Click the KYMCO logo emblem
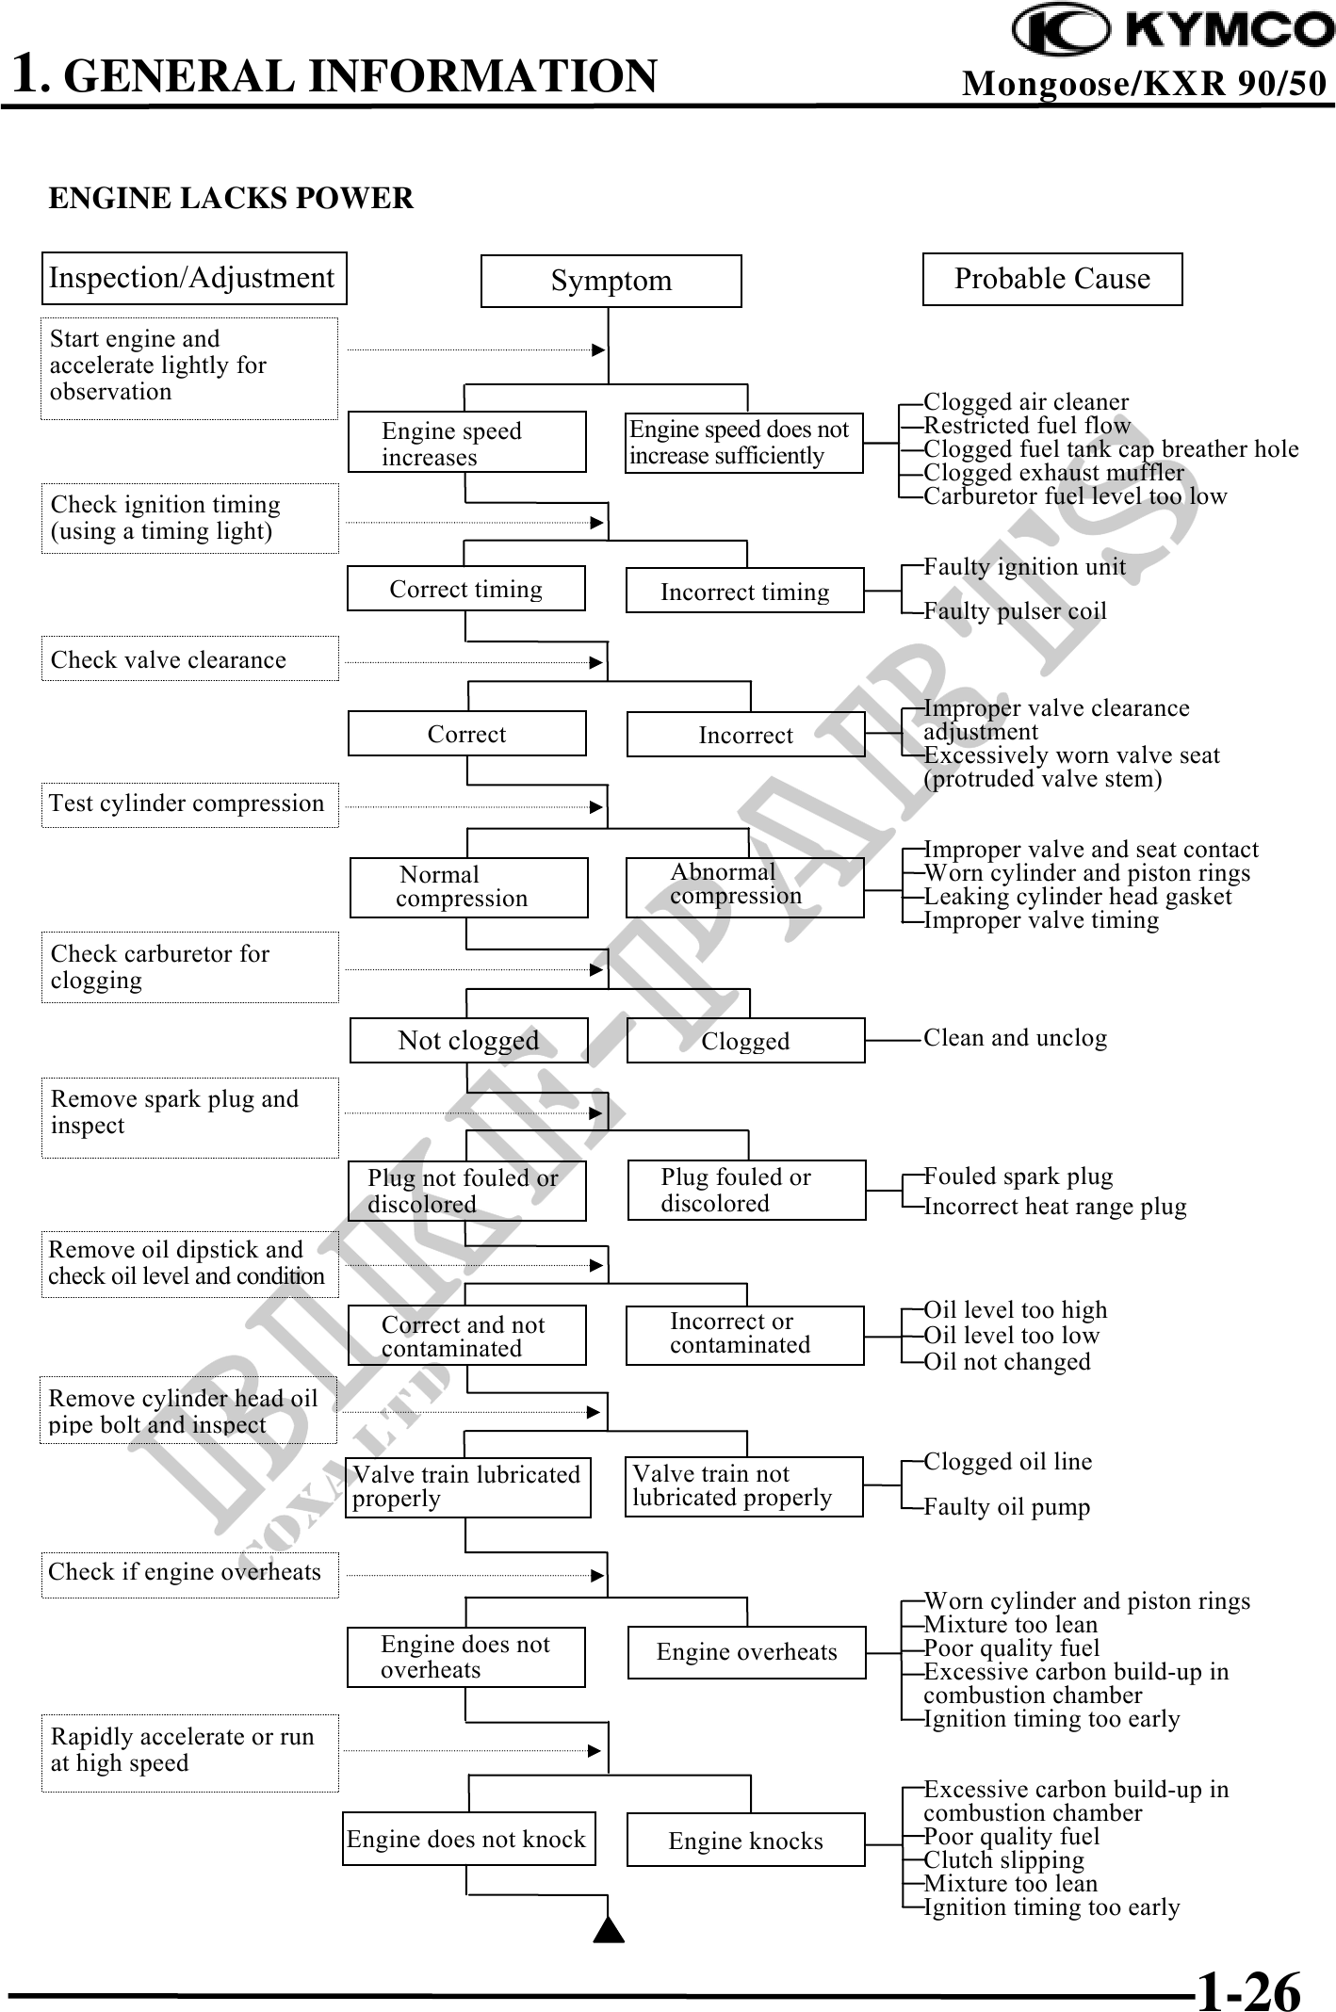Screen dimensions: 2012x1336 pos(1060,28)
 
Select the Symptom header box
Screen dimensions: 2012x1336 pos(611,281)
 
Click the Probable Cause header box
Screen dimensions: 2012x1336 pos(1051,279)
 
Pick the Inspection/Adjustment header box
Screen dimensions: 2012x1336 pos(193,278)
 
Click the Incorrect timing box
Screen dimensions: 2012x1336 pos(744,591)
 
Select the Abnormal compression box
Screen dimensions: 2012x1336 pos(744,886)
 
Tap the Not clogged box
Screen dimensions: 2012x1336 pos(468,1040)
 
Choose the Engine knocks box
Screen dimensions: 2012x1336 pos(745,1840)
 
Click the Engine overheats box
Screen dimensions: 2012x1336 pos(746,1652)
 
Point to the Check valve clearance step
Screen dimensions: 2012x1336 pos(189,659)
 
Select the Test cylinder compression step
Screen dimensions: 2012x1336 pos(189,803)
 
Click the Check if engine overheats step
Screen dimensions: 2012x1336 pos(189,1572)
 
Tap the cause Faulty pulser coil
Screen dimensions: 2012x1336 pos(1015,610)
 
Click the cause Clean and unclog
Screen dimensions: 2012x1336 pos(1015,1038)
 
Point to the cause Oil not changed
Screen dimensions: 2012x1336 pos(1007,1361)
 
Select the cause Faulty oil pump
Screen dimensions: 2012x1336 pos(1006,1506)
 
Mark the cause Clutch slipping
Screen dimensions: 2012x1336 pos(1003,1860)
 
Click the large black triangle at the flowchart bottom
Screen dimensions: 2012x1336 pos(610,1929)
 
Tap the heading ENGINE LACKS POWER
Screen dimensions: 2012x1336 pos(231,199)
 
